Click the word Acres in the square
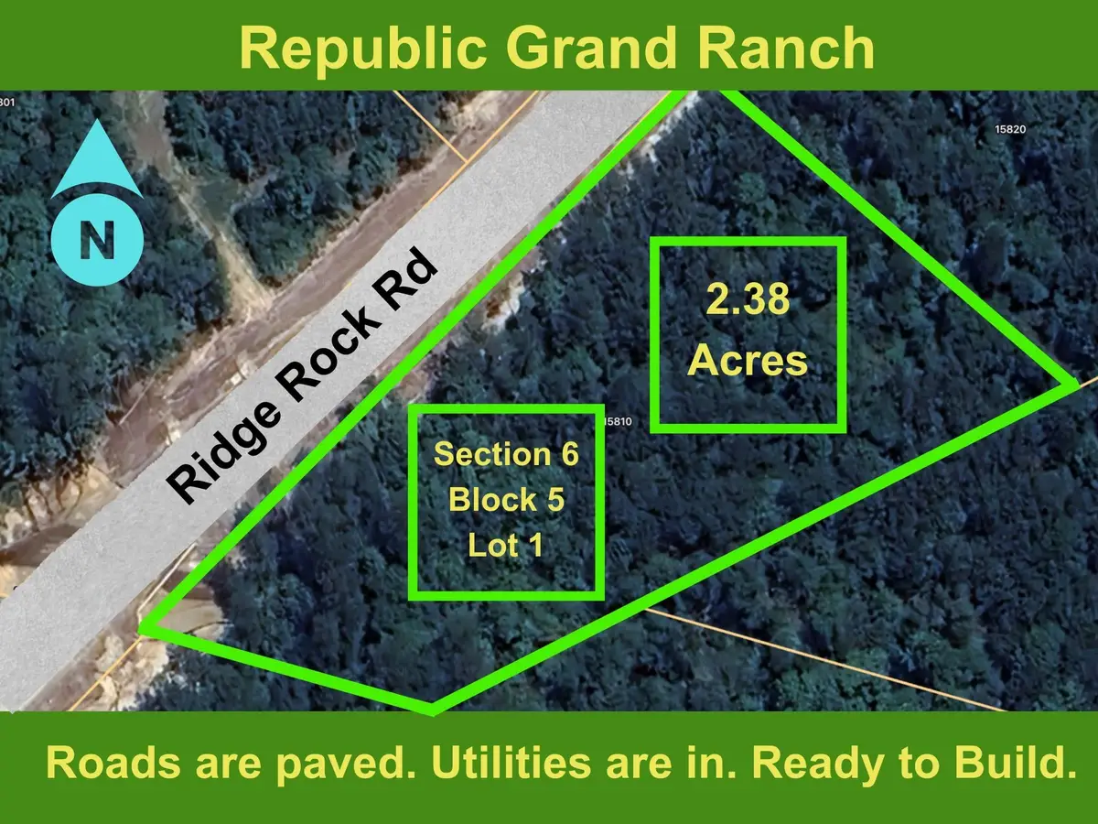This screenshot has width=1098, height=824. click(x=748, y=361)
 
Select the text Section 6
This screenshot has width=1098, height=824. click(x=506, y=454)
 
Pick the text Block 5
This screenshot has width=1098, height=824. click(x=506, y=500)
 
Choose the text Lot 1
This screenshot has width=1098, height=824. click(x=506, y=546)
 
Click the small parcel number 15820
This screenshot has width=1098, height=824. click(x=1010, y=129)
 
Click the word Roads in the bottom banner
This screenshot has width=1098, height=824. click(x=103, y=763)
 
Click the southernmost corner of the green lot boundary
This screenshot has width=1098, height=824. click(x=431, y=710)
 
